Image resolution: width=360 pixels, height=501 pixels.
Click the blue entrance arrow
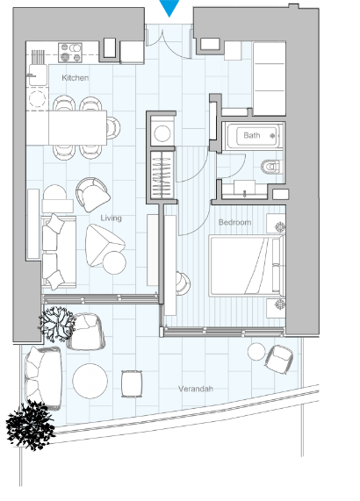tap(169, 7)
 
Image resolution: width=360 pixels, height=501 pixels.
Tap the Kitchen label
tap(76, 77)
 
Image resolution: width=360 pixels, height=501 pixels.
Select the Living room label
tap(111, 218)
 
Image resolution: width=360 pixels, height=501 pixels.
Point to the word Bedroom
tap(234, 222)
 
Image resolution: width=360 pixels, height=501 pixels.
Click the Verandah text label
tap(195, 389)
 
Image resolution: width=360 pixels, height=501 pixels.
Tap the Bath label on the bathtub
tap(252, 135)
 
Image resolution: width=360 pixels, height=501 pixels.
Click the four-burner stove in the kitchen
tap(70, 53)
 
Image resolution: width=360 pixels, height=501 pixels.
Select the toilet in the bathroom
tap(271, 167)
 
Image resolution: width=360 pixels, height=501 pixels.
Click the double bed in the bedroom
tap(247, 266)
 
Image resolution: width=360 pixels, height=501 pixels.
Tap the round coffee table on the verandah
tap(90, 381)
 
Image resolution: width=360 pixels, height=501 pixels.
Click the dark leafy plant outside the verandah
tap(31, 426)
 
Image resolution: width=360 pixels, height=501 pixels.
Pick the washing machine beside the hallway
tap(162, 132)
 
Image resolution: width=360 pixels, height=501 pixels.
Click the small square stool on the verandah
tap(132, 383)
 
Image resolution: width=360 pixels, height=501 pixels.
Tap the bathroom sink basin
tap(245, 189)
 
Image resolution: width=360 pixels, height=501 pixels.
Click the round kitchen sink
tap(37, 98)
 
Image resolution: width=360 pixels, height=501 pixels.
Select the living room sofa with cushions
tap(58, 251)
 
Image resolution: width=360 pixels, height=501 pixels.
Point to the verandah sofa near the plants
tap(43, 378)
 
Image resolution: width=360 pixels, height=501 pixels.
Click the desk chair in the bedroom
tap(184, 283)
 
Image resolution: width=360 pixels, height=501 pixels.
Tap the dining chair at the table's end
tap(113, 128)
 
